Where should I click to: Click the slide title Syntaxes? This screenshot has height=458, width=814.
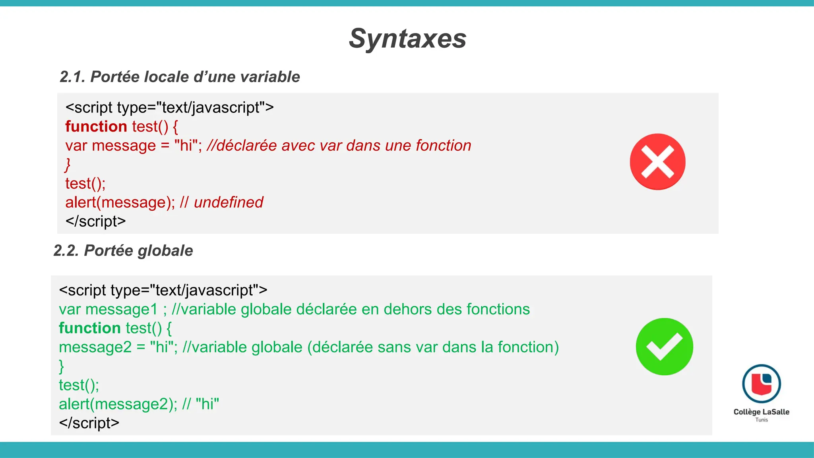(x=407, y=39)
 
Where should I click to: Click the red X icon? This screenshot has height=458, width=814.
(x=657, y=161)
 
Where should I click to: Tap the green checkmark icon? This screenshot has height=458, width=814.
(x=664, y=346)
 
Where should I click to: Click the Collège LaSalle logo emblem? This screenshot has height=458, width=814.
(x=761, y=384)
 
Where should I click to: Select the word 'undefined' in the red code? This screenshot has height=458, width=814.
(x=229, y=202)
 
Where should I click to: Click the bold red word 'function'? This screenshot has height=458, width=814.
(x=96, y=126)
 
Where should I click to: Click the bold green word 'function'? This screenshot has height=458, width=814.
(x=89, y=328)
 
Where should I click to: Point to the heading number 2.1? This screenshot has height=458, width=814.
(x=72, y=77)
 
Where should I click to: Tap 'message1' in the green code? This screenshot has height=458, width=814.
(x=121, y=309)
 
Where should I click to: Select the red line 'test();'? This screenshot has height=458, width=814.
(x=85, y=184)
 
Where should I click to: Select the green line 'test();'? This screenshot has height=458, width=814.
(x=79, y=385)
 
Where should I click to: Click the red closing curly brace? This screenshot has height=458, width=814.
(x=68, y=165)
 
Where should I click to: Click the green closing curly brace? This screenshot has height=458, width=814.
(x=61, y=366)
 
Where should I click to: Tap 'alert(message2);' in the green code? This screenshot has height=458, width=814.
(x=118, y=404)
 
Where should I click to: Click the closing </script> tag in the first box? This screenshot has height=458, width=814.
(x=95, y=221)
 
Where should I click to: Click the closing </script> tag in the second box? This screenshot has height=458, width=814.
(x=89, y=423)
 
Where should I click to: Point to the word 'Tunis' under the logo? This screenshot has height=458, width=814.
(x=762, y=420)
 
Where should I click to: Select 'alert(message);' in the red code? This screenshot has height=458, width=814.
(x=120, y=202)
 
